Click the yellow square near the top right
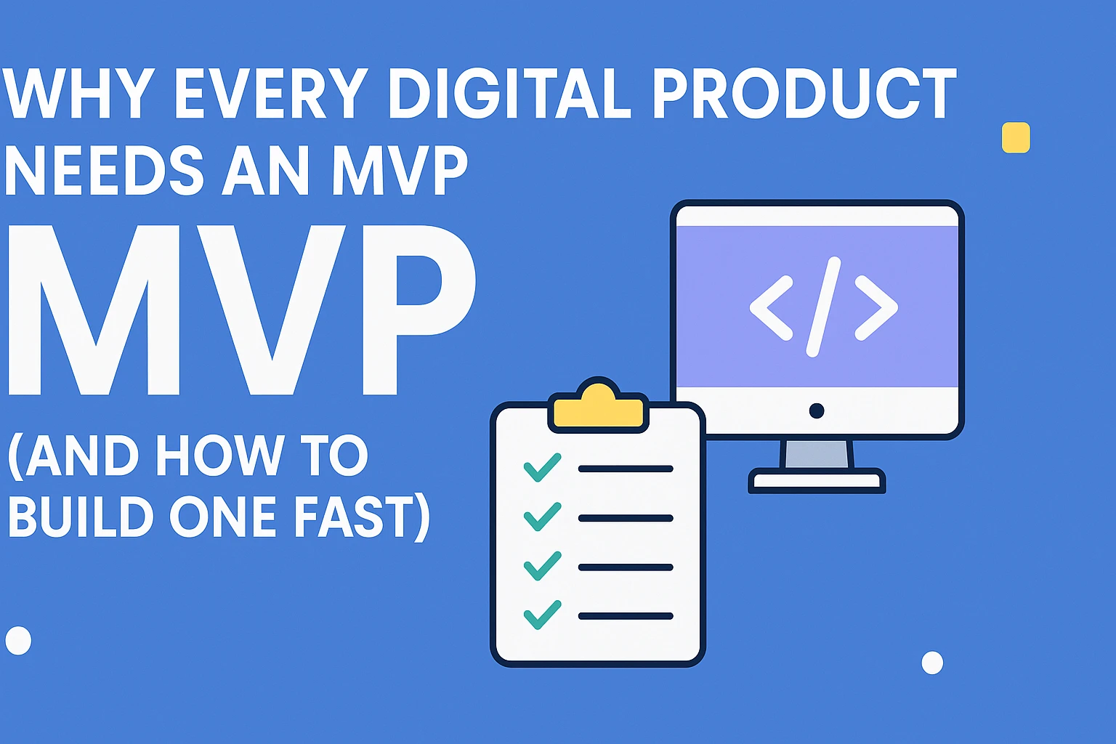pos(1016,137)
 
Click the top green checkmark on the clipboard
pos(542,467)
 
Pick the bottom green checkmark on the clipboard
pos(542,615)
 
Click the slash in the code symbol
pos(823,307)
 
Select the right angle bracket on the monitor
pos(876,307)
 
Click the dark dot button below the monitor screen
pos(817,411)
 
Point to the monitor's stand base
pos(817,480)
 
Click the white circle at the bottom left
pos(18,640)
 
